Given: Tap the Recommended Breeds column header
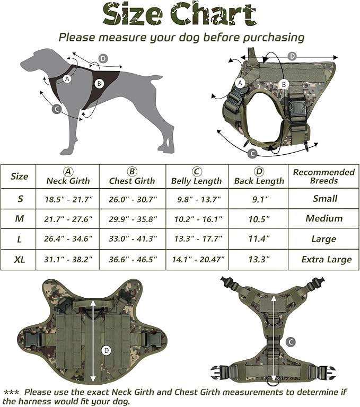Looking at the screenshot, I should pyautogui.click(x=324, y=176).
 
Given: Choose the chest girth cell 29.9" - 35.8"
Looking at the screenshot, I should pyautogui.click(x=133, y=219).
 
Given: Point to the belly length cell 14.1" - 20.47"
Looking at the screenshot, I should pyautogui.click(x=197, y=259).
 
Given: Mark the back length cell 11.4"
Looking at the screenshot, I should pyautogui.click(x=259, y=239).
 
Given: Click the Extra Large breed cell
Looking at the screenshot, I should pyautogui.click(x=326, y=259).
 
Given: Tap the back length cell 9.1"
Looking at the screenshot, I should pyautogui.click(x=259, y=199).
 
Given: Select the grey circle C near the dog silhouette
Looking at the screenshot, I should pyautogui.click(x=57, y=110).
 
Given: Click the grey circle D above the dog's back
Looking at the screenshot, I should pyautogui.click(x=103, y=58).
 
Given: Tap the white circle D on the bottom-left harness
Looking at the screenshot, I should pyautogui.click(x=106, y=350).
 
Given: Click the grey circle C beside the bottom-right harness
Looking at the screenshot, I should pyautogui.click(x=291, y=342).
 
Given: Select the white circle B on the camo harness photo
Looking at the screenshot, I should pyautogui.click(x=284, y=84).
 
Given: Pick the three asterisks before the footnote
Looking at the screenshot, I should pyautogui.click(x=11, y=392).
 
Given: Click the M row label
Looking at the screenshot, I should pyautogui.click(x=20, y=219).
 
